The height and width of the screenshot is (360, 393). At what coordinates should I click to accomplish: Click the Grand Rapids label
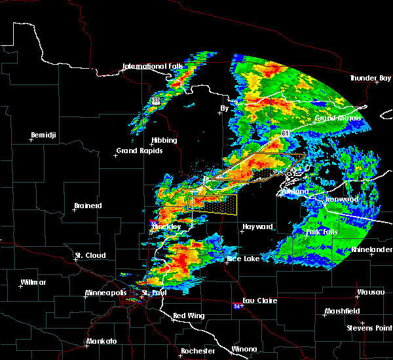[139, 151]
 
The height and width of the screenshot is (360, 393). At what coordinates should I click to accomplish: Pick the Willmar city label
[29, 282]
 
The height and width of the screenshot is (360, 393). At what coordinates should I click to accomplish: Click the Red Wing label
[189, 316]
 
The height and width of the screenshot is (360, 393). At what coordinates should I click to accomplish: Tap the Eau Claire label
[260, 300]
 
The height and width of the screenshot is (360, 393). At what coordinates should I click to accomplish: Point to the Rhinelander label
[371, 249]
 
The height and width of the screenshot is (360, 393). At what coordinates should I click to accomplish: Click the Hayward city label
[257, 226]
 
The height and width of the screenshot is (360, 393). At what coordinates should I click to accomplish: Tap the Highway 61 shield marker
[286, 133]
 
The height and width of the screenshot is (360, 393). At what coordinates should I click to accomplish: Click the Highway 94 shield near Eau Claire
[236, 305]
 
